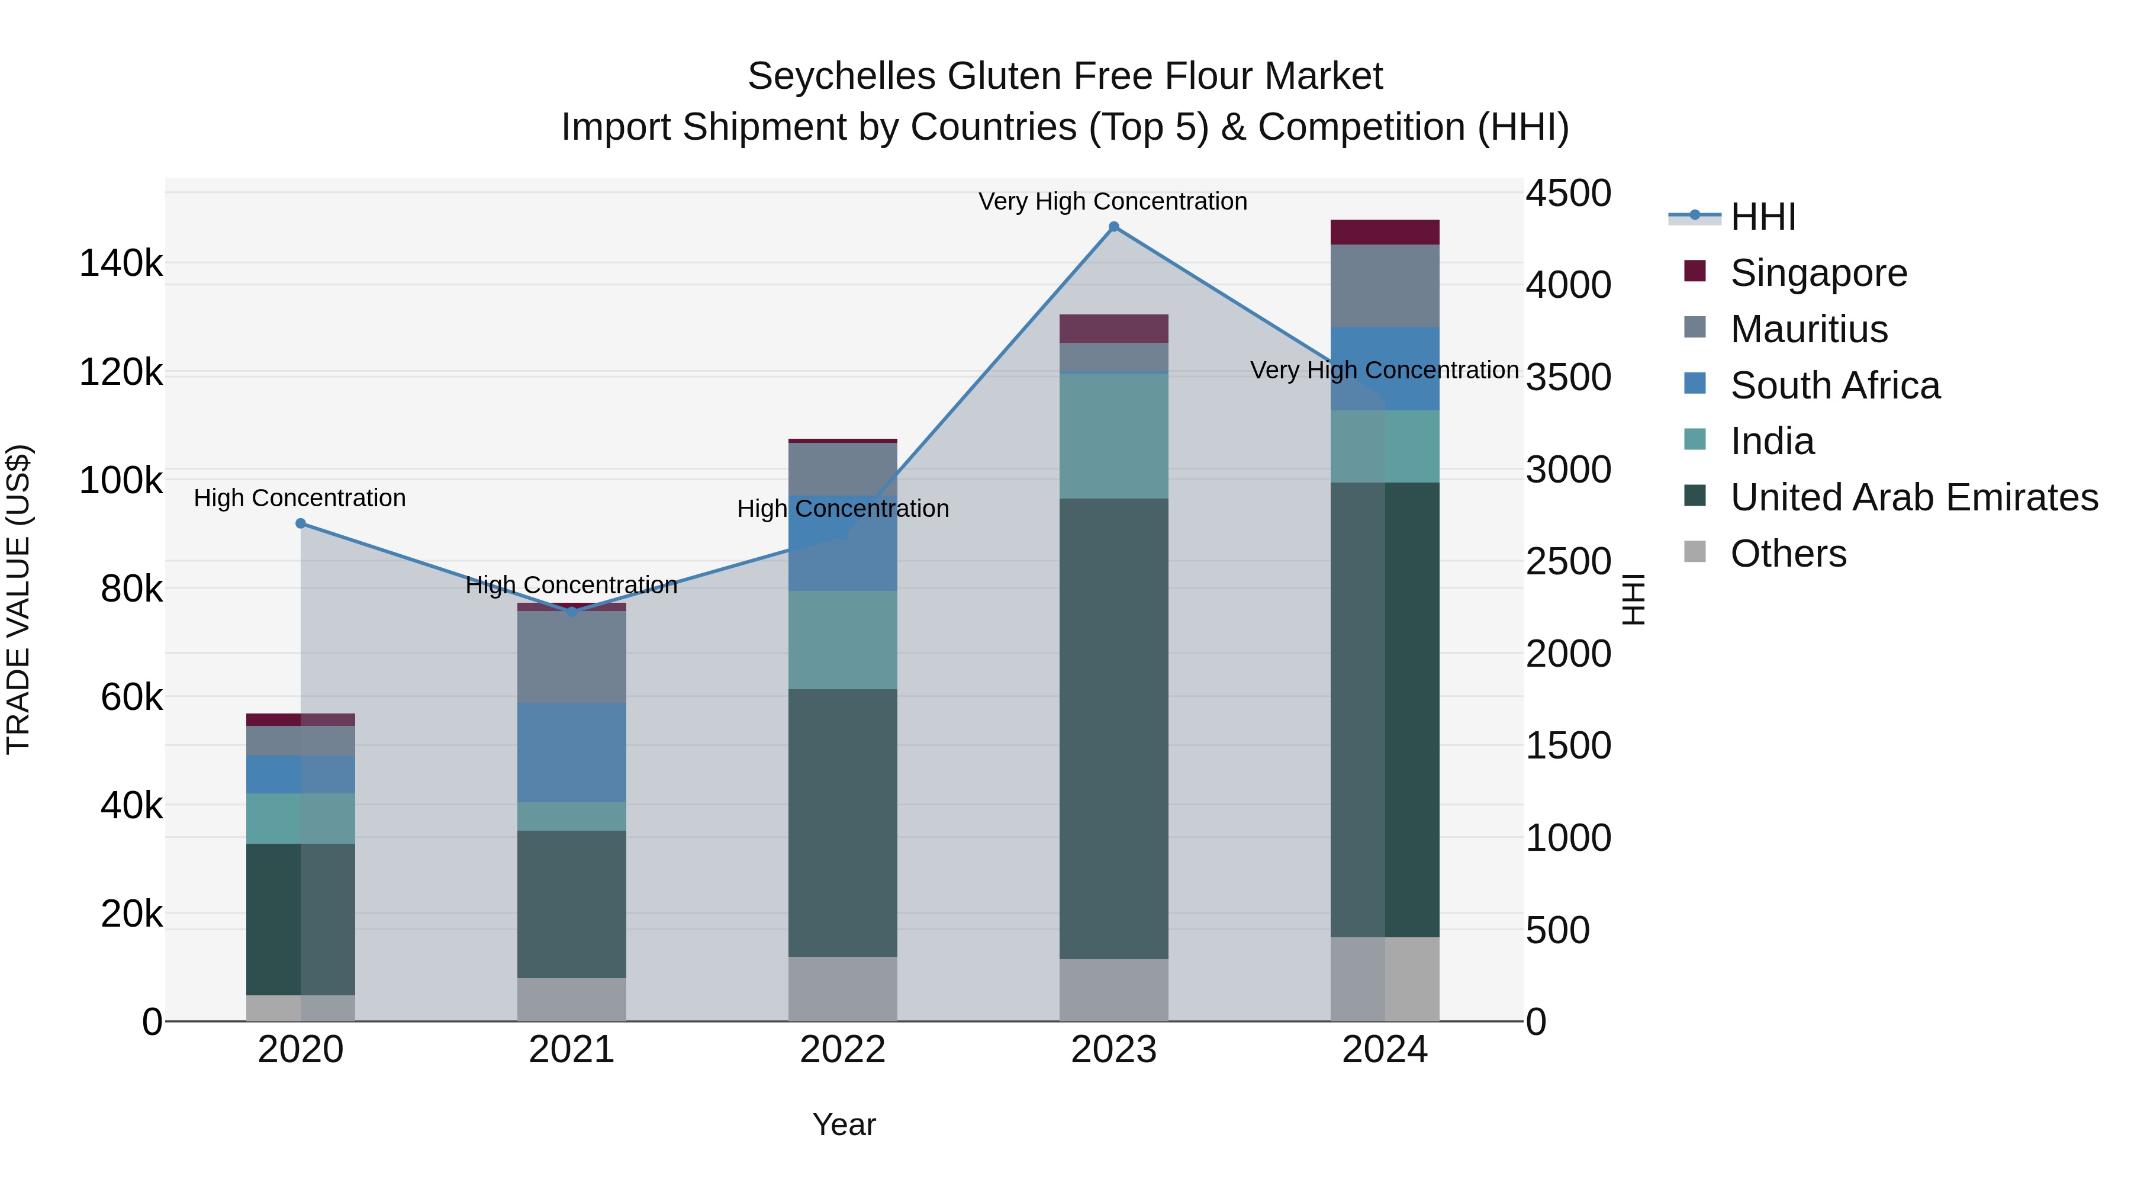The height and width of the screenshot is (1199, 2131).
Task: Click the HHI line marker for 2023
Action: click(x=1113, y=227)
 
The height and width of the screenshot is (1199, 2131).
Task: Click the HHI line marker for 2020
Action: click(x=300, y=523)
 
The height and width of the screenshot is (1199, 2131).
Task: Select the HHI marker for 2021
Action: click(x=572, y=612)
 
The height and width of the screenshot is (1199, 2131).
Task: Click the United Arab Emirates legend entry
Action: click(x=1913, y=497)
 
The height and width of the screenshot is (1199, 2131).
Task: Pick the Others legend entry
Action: click(x=1788, y=554)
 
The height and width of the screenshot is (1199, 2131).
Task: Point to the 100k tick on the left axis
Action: click(x=121, y=481)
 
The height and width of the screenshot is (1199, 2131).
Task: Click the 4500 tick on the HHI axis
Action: click(x=1567, y=194)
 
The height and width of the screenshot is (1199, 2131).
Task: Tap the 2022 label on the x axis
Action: click(x=842, y=1050)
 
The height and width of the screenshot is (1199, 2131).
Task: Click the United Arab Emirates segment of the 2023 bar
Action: click(x=1113, y=728)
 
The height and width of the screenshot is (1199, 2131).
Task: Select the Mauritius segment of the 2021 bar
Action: click(x=572, y=657)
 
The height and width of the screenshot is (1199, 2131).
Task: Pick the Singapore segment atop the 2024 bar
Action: click(x=1385, y=233)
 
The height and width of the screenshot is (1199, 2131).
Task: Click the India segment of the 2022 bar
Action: click(x=842, y=639)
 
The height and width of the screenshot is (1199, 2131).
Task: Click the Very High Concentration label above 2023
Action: click(x=1113, y=202)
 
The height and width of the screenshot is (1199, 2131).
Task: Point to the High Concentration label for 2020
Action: click(x=300, y=498)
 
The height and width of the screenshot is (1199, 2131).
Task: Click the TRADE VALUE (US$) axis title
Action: click(x=19, y=599)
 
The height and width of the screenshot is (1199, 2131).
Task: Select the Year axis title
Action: click(x=844, y=1124)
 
